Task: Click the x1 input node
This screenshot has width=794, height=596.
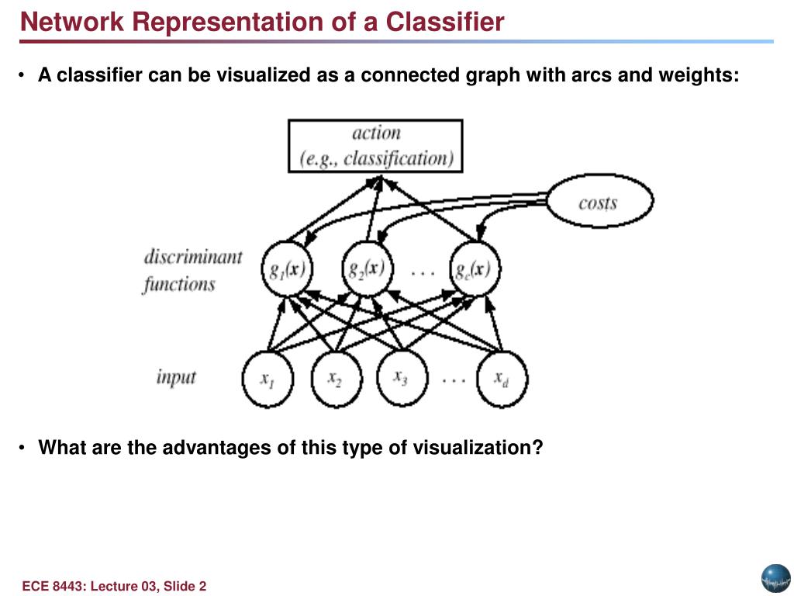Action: click(268, 379)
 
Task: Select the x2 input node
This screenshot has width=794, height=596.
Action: click(337, 379)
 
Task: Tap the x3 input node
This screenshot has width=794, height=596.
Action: click(402, 378)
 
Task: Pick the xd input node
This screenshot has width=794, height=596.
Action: click(502, 379)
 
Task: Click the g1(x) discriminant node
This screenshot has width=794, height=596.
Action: click(287, 269)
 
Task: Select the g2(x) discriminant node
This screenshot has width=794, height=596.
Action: click(367, 269)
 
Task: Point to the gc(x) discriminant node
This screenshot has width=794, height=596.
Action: click(475, 269)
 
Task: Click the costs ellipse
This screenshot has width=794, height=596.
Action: click(600, 201)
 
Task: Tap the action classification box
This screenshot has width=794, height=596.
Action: click(375, 146)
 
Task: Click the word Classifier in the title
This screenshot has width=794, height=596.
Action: click(445, 22)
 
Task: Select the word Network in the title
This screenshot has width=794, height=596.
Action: click(72, 22)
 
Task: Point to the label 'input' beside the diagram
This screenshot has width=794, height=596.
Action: click(176, 378)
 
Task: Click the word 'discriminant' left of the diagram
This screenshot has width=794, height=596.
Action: click(193, 257)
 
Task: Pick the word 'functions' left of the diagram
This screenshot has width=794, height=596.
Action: click(179, 284)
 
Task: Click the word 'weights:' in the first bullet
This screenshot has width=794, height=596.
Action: click(699, 75)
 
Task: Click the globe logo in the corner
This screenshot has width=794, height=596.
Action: click(775, 579)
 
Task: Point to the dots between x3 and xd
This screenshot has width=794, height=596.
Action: click(453, 379)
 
